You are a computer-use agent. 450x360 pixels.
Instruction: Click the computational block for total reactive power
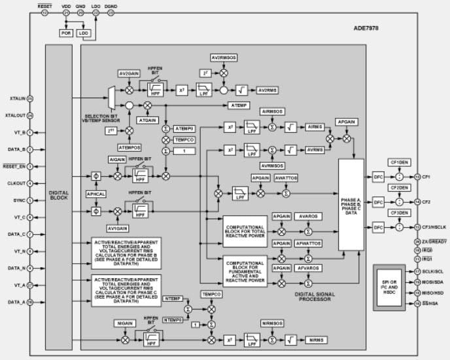245,231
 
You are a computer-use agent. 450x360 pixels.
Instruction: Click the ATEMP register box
237,105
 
